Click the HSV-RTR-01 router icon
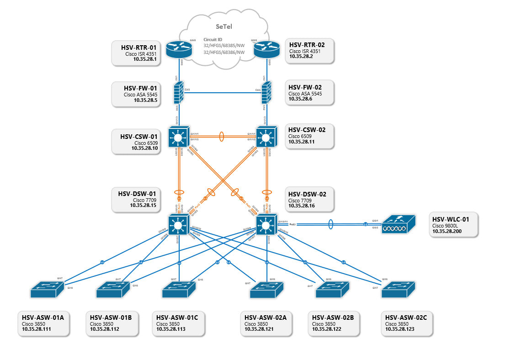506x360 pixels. click(x=176, y=49)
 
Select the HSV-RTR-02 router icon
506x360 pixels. click(x=266, y=49)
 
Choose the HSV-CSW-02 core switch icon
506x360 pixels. click(x=266, y=137)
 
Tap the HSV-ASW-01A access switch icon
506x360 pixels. click(x=47, y=288)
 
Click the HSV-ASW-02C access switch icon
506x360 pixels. click(x=399, y=288)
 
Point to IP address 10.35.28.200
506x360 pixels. click(x=448, y=232)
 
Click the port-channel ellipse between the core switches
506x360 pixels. click(x=222, y=136)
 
